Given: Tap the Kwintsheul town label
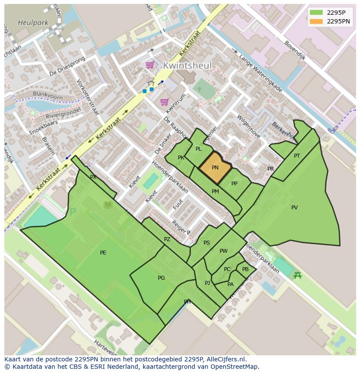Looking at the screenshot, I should pyautogui.click(x=187, y=66).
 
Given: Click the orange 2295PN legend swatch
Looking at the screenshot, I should pyautogui.click(x=316, y=21).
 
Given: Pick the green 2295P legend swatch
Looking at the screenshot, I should pyautogui.click(x=316, y=13).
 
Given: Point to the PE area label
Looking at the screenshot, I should pyautogui.click(x=103, y=253).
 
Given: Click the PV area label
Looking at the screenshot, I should pyautogui.click(x=294, y=208).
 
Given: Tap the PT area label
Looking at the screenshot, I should pyautogui.click(x=297, y=156).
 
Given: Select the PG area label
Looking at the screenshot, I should pyautogui.click(x=161, y=278).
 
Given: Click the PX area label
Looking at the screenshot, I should pyautogui.click(x=93, y=177).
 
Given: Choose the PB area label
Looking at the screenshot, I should pyautogui.click(x=245, y=269).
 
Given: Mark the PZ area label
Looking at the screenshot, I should pyautogui.click(x=167, y=239).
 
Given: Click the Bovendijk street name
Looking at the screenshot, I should pyautogui.click(x=295, y=50).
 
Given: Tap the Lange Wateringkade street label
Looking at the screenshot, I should pyautogui.click(x=260, y=73).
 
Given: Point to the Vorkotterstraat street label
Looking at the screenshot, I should pyautogui.click(x=87, y=97).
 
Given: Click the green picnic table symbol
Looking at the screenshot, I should pyautogui.click(x=297, y=275).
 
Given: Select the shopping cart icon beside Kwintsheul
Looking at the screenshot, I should pyautogui.click(x=150, y=65).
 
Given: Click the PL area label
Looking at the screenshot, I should pyautogui.click(x=199, y=149).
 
